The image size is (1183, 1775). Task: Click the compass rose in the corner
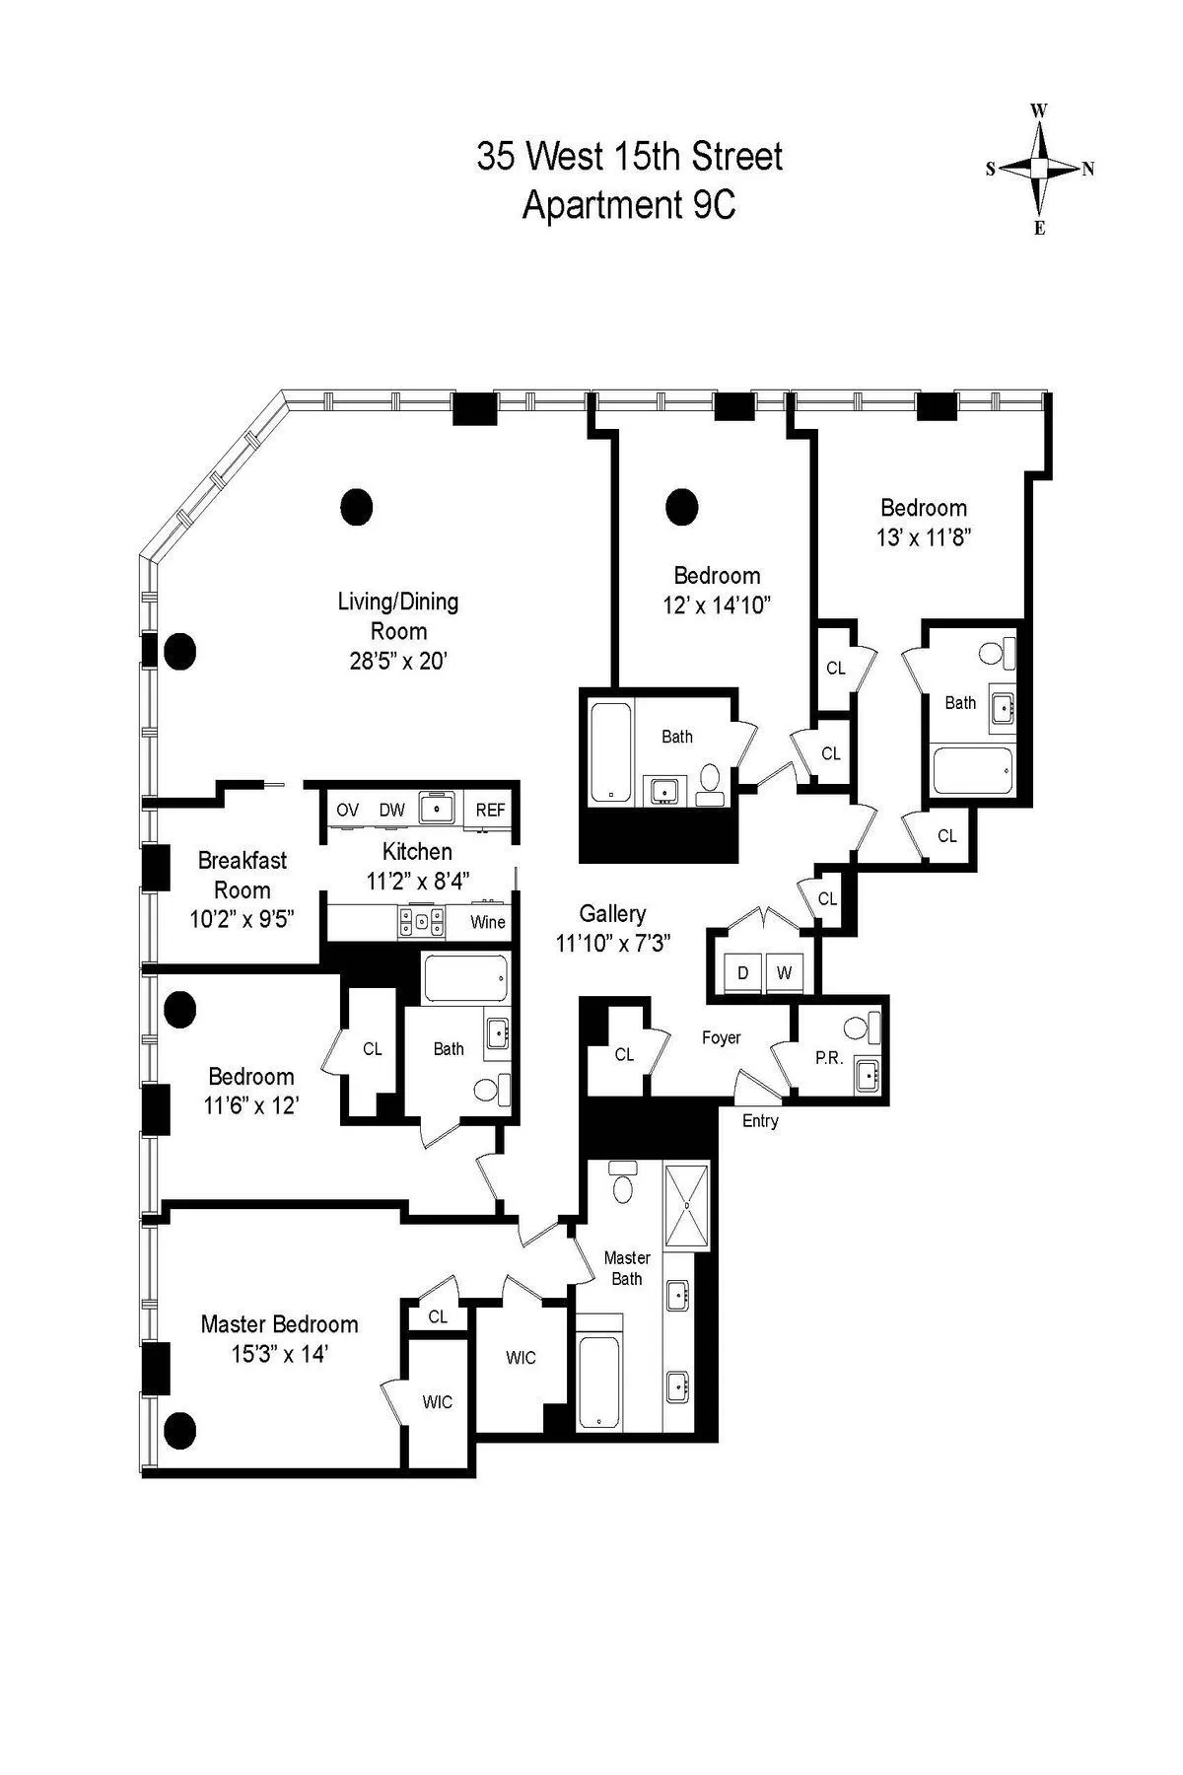pyautogui.click(x=1039, y=169)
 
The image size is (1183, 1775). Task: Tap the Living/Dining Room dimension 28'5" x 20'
pyautogui.click(x=398, y=661)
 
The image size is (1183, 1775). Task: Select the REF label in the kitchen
pyautogui.click(x=490, y=810)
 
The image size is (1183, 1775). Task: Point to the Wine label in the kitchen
pyautogui.click(x=487, y=922)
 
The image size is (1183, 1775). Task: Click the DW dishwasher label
pyautogui.click(x=391, y=810)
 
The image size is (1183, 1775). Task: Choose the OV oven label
pyautogui.click(x=347, y=810)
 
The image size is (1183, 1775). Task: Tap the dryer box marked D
pyautogui.click(x=743, y=972)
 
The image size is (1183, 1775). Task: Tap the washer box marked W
pyautogui.click(x=785, y=972)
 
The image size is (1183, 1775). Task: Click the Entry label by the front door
pyautogui.click(x=760, y=1120)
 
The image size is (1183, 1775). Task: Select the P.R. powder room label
pyautogui.click(x=828, y=1057)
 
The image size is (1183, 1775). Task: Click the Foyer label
pyautogui.click(x=721, y=1037)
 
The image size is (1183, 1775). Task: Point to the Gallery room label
pyautogui.click(x=612, y=914)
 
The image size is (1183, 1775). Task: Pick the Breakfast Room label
pyautogui.click(x=243, y=874)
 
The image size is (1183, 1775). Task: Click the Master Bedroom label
pyautogui.click(x=279, y=1323)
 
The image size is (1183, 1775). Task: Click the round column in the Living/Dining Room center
pyautogui.click(x=356, y=507)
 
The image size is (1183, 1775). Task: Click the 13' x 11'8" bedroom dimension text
pyautogui.click(x=924, y=537)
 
